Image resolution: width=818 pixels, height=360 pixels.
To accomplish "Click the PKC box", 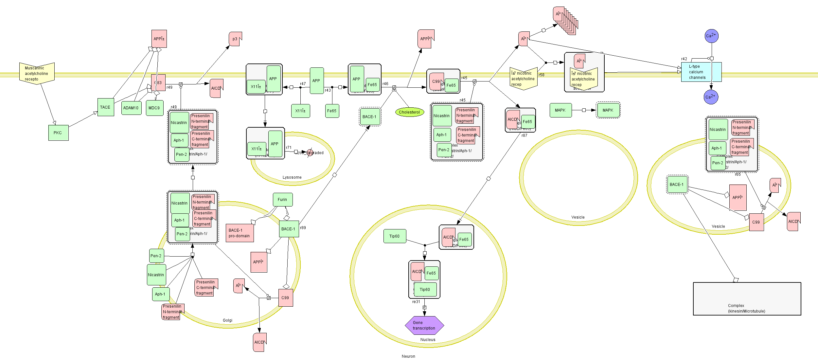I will [x=58, y=133].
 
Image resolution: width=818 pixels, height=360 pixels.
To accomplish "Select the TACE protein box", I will [x=106, y=107].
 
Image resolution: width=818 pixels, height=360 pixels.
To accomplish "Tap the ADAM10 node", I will [x=131, y=108].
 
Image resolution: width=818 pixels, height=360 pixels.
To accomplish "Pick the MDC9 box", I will [x=154, y=108].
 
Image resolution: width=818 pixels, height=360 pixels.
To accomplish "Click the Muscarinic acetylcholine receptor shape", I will [x=37, y=73].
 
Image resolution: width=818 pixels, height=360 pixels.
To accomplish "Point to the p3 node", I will [x=235, y=39].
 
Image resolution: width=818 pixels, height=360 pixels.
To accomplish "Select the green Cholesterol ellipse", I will [x=409, y=112].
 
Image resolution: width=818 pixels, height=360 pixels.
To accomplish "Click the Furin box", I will [x=282, y=200].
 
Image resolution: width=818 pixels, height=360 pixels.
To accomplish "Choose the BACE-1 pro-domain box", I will [x=240, y=233].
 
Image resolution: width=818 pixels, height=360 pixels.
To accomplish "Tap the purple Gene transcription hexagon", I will [x=424, y=325].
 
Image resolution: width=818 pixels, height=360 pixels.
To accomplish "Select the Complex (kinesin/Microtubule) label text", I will [x=747, y=308].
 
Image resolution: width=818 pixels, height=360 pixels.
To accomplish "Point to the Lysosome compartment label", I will [x=292, y=177].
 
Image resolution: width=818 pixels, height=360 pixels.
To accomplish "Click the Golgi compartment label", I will [x=227, y=320].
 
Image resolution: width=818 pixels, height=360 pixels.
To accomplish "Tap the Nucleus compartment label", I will [x=428, y=340].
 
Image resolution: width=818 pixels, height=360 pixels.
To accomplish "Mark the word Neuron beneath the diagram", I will [x=408, y=356].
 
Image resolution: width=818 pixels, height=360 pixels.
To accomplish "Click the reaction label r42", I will [x=684, y=59].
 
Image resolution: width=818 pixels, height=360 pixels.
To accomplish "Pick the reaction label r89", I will [x=303, y=228].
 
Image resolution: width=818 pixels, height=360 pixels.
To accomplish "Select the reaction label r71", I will [x=289, y=148].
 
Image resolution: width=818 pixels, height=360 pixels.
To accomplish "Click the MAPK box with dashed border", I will [x=608, y=110].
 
